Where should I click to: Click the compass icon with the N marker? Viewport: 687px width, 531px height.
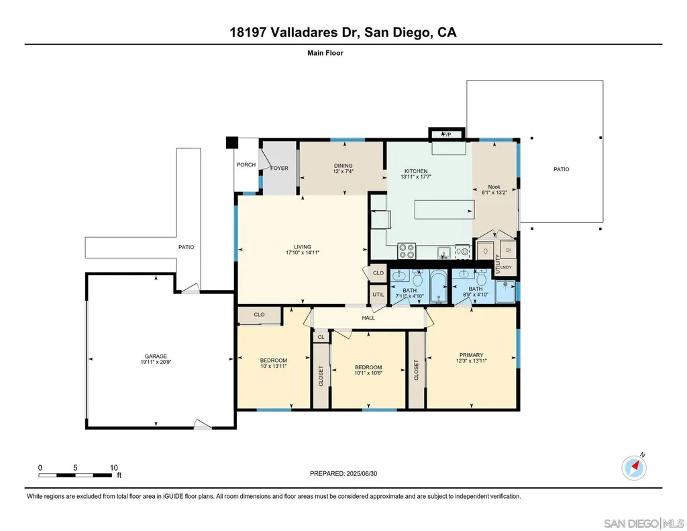point(634,467)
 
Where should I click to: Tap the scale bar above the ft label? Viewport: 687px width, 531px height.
point(75,475)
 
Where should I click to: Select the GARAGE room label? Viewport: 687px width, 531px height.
point(156,356)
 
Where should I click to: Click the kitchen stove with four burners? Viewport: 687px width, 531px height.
point(406,251)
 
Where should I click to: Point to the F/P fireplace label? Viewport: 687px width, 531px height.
point(446,135)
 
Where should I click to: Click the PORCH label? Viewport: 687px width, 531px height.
point(246,165)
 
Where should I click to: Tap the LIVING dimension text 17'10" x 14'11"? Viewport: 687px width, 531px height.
point(303,252)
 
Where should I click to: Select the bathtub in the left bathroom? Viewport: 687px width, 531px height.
point(438,287)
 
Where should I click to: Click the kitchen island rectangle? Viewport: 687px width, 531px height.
point(444,209)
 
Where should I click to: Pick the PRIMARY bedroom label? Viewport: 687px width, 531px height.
point(472,354)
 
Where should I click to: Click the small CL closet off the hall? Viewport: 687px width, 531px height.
point(321,336)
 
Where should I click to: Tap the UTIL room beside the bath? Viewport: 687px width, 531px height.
point(378,294)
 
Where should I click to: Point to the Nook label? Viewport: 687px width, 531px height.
point(494,187)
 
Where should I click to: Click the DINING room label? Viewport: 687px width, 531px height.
point(343,166)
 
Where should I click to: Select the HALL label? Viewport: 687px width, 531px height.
point(368,318)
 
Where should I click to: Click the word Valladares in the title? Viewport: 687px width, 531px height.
point(305,32)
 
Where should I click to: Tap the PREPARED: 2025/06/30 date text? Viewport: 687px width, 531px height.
point(343,473)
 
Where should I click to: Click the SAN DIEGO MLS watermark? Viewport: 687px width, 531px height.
point(643,523)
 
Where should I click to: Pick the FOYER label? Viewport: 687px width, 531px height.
point(280,168)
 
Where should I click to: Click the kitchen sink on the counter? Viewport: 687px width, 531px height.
point(444,253)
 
